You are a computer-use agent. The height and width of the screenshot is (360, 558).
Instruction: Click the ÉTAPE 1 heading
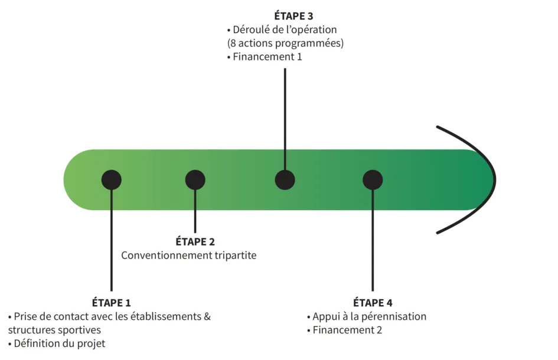click(112, 303)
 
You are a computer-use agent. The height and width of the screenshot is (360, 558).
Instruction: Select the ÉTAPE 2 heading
click(195, 241)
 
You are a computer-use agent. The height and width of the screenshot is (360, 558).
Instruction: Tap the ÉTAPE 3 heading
click(285, 16)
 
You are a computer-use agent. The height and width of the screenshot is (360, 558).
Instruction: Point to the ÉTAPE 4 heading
click(373, 303)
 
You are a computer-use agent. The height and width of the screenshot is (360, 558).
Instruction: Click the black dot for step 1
click(112, 179)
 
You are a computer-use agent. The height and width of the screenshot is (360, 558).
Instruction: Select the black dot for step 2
click(195, 179)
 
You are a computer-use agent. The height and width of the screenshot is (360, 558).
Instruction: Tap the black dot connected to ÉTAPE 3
click(285, 179)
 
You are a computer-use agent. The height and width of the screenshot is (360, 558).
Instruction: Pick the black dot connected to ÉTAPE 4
click(373, 179)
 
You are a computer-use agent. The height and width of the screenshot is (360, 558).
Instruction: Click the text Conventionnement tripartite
click(189, 256)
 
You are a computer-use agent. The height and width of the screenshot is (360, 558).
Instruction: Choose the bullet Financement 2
click(347, 330)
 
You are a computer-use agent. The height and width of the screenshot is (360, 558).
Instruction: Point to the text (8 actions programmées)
click(285, 43)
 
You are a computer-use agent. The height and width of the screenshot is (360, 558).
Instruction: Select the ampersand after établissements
click(207, 316)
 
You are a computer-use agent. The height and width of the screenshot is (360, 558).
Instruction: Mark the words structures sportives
click(54, 330)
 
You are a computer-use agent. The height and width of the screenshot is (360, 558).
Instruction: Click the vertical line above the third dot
click(285, 118)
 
